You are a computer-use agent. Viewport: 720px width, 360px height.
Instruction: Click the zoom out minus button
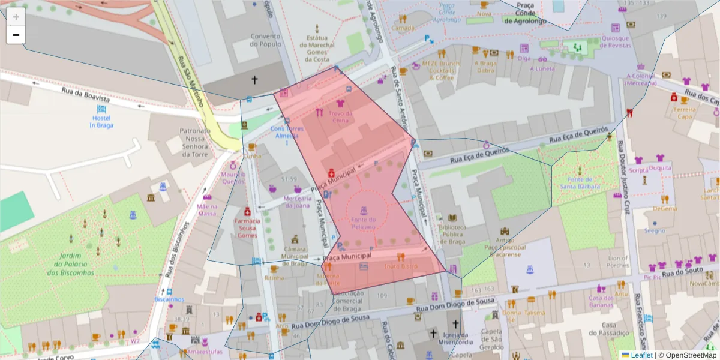[16, 35]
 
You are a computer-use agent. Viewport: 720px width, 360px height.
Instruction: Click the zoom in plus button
[16, 17]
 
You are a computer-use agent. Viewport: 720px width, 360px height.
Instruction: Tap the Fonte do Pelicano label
[364, 223]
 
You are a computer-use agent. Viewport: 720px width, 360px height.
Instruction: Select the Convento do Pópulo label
[265, 40]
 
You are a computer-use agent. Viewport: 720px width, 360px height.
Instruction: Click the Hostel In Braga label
[101, 121]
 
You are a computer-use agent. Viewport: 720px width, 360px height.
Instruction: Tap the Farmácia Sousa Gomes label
[247, 227]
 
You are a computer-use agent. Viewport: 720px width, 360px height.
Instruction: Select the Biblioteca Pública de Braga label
[452, 234]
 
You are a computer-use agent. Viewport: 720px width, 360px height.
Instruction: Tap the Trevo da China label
[340, 116]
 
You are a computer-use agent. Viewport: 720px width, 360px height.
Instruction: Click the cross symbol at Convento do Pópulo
[254, 79]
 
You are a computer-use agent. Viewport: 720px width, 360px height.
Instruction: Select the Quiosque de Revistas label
[615, 41]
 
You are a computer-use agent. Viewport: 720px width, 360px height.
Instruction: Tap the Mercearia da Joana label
[298, 202]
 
